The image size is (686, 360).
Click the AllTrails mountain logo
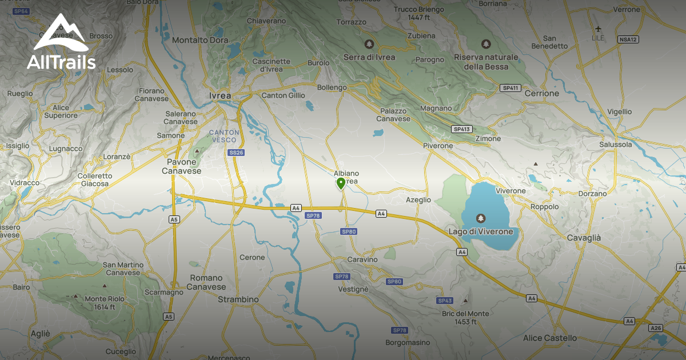tap(61, 33)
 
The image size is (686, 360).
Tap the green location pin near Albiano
tap(341, 183)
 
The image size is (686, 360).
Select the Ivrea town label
tap(220, 95)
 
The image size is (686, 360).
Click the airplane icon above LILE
tap(599, 29)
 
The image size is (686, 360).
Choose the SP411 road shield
tap(510, 88)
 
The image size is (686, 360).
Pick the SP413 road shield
tap(462, 129)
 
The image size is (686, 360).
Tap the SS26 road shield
tap(236, 153)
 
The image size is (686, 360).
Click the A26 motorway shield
tap(656, 328)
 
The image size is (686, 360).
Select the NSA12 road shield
tap(628, 39)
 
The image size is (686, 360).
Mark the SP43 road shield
tap(445, 301)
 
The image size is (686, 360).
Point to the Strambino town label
tap(238, 299)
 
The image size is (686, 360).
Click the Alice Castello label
tap(550, 338)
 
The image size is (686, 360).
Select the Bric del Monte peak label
tap(465, 318)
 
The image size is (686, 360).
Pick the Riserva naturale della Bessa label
tap(486, 62)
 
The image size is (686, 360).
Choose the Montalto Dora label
tap(200, 40)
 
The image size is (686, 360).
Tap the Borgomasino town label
tap(407, 343)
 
